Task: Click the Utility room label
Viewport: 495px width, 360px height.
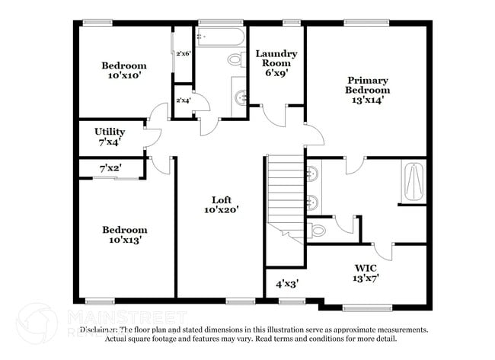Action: point(110,132)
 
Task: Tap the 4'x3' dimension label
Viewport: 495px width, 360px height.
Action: point(286,283)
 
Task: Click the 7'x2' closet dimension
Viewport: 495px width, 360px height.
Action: point(111,167)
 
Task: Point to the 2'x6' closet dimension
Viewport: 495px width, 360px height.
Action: point(184,53)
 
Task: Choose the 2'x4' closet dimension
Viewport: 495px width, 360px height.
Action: point(184,100)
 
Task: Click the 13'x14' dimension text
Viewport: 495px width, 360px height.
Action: point(368,100)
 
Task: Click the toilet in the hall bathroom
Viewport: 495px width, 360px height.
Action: point(235,59)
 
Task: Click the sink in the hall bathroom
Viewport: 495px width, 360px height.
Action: point(241,97)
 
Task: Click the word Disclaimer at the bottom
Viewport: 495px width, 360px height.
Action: point(99,330)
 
